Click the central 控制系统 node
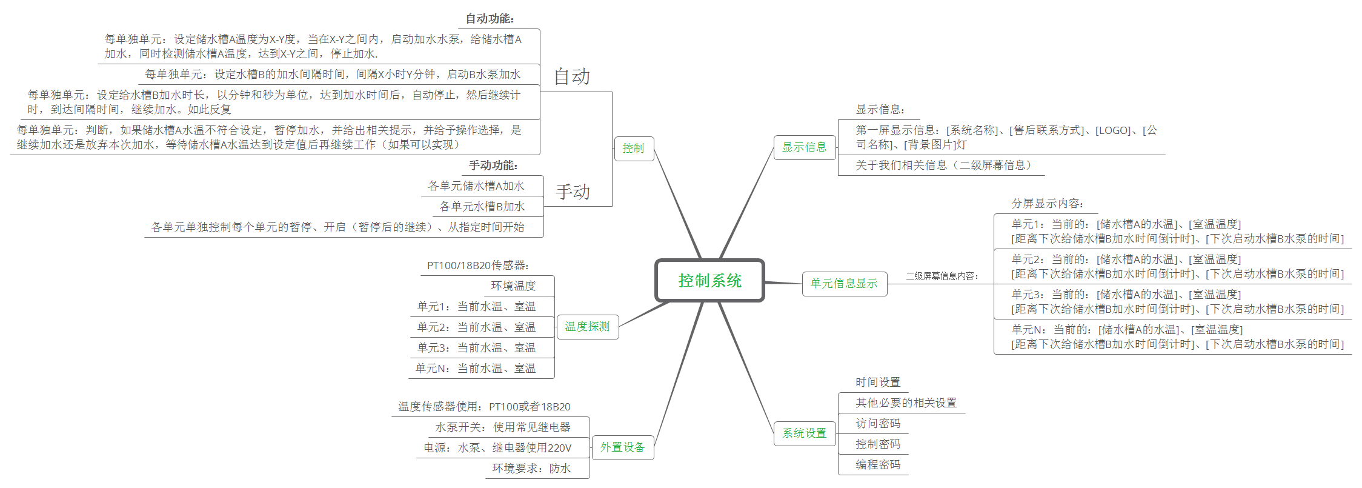pyautogui.click(x=709, y=281)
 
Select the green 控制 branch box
pyautogui.click(x=633, y=149)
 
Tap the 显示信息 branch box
pyautogui.click(x=804, y=147)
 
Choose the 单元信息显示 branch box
pyautogui.click(x=844, y=284)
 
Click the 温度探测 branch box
pyautogui.click(x=587, y=327)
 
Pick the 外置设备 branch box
pyautogui.click(x=622, y=447)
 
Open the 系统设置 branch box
pyautogui.click(x=804, y=433)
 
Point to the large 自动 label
pyautogui.click(x=572, y=77)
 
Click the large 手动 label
pyautogui.click(x=573, y=192)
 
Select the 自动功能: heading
pyautogui.click(x=490, y=19)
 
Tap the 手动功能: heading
pyautogui.click(x=493, y=165)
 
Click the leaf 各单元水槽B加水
pyautogui.click(x=482, y=207)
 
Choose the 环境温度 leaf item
pyautogui.click(x=513, y=286)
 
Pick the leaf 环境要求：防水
pyautogui.click(x=531, y=469)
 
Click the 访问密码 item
pyautogui.click(x=878, y=424)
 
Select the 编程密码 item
pyautogui.click(x=878, y=465)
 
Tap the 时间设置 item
pyautogui.click(x=878, y=383)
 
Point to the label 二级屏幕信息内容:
pyautogui.click(x=942, y=276)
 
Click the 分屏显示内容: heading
pyautogui.click(x=1048, y=204)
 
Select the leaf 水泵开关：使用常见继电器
pyautogui.click(x=503, y=427)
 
